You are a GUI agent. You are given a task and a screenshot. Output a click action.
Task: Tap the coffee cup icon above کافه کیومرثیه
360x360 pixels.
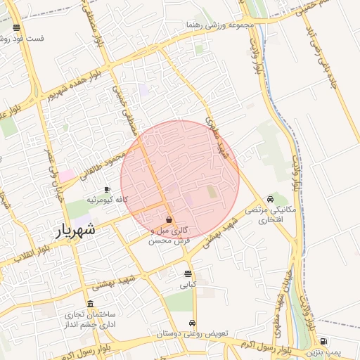pyautogui.click(x=107, y=190)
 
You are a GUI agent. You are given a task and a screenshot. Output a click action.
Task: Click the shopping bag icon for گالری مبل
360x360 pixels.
pyautogui.click(x=169, y=220)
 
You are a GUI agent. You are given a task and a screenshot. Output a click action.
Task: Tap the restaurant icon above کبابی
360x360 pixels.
pyautogui.click(x=188, y=274)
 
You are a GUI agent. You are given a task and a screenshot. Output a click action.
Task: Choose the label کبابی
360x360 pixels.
pyautogui.click(x=188, y=285)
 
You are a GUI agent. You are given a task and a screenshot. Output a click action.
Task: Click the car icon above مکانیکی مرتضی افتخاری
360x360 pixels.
pyautogui.click(x=271, y=199)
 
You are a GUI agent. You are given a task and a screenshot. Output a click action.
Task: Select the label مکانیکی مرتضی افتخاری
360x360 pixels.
pyautogui.click(x=266, y=215)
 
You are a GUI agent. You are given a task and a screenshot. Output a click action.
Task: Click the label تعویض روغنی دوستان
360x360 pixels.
pyautogui.click(x=193, y=335)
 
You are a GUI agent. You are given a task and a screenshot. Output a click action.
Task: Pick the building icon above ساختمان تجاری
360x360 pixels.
pyautogui.click(x=90, y=304)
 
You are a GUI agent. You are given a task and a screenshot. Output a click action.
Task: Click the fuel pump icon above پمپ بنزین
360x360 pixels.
pyautogui.click(x=323, y=340)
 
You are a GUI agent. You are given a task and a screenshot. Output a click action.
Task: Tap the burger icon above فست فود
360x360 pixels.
pyautogui.click(x=16, y=28)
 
